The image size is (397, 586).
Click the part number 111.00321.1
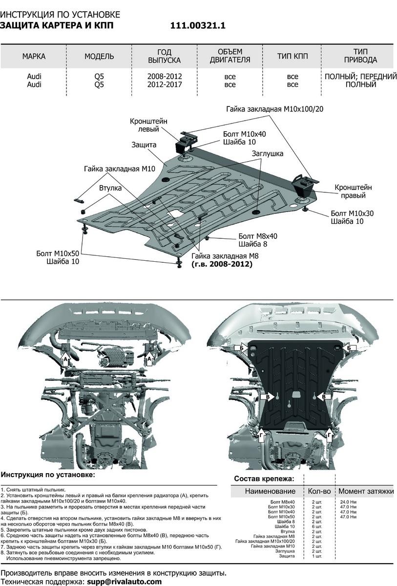198,26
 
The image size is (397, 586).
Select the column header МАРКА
34,56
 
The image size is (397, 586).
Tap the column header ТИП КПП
293,56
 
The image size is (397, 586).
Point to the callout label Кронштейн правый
353,191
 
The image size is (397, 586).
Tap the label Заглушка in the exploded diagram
268,153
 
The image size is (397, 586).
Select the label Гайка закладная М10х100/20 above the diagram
274,109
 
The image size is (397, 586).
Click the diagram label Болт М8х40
257,236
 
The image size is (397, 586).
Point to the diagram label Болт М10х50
58,253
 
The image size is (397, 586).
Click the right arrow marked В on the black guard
323,398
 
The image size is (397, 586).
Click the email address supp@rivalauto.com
124,582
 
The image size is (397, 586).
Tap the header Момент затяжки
366,491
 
